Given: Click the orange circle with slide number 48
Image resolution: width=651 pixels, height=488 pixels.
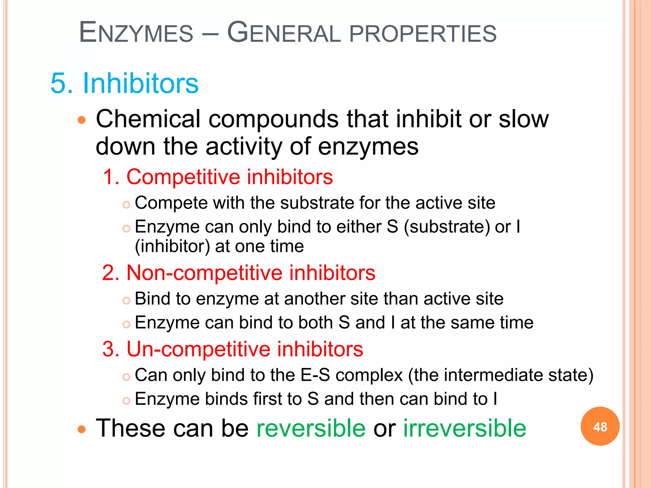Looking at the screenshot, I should pyautogui.click(x=600, y=426).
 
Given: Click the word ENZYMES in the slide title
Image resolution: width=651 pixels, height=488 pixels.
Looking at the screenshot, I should pyautogui.click(x=136, y=33).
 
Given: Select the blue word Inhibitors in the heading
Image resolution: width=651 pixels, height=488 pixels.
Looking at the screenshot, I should pyautogui.click(x=140, y=83).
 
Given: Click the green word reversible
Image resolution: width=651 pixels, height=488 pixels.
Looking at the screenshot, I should pyautogui.click(x=311, y=428).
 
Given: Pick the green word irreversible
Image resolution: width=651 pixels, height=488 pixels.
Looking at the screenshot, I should pyautogui.click(x=465, y=428).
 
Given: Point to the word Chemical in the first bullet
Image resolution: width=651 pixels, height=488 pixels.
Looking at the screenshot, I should pyautogui.click(x=148, y=119).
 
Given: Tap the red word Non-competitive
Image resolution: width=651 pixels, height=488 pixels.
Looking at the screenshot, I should pyautogui.click(x=204, y=273).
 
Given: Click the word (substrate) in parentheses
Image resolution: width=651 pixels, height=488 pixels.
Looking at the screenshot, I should pyautogui.click(x=447, y=227).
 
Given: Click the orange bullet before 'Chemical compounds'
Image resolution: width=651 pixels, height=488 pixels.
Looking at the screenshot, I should pyautogui.click(x=82, y=120).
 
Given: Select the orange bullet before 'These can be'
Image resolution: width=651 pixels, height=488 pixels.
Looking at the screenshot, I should pyautogui.click(x=82, y=430).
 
